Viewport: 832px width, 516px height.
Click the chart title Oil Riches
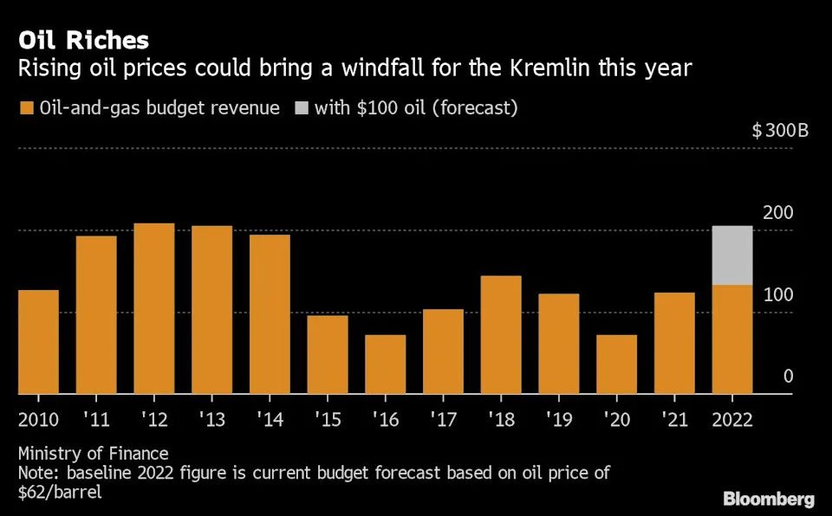point(83,40)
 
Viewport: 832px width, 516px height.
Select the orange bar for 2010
point(38,342)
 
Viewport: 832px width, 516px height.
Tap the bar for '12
point(154,308)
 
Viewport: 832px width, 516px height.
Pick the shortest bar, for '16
point(385,364)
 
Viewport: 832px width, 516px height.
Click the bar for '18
point(501,335)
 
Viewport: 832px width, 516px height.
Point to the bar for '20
point(616,364)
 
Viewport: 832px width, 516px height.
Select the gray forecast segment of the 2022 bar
point(732,255)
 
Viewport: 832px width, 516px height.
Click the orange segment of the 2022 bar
point(732,339)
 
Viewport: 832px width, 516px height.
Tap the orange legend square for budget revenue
point(26,108)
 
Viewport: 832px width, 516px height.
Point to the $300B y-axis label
point(780,132)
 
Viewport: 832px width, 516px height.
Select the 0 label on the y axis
point(788,377)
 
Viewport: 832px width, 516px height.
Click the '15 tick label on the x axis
point(327,420)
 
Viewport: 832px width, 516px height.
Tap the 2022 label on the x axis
point(732,420)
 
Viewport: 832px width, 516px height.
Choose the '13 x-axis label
point(211,420)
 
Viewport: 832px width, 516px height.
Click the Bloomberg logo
point(769,500)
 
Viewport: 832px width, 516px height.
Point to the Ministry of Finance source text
point(93,454)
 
